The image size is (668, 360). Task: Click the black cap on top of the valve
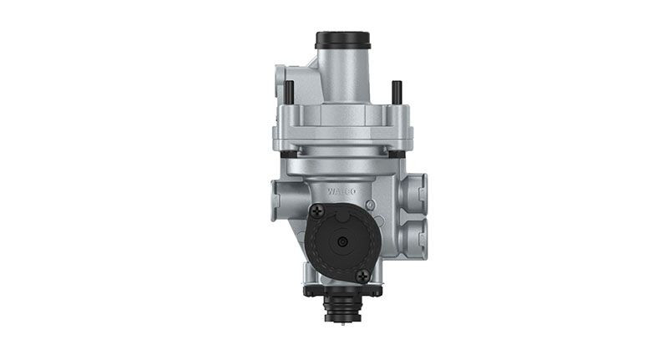pos(342,40)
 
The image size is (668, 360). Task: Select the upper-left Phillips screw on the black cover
pos(317,211)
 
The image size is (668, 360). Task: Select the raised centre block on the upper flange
pos(342,114)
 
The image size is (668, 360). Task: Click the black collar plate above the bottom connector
pos(342,291)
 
